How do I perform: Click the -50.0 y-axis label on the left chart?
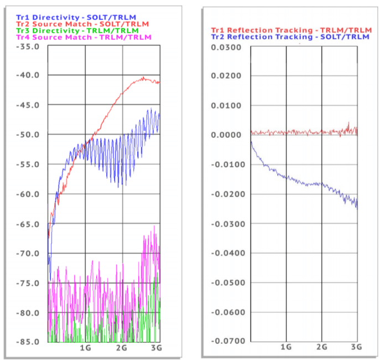(28, 135)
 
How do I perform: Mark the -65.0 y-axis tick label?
(28, 224)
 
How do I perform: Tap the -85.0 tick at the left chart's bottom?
(28, 342)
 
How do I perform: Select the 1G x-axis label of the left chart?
(85, 348)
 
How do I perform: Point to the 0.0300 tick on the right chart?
(229, 47)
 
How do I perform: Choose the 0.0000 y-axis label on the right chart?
(229, 135)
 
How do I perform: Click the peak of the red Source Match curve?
(143, 78)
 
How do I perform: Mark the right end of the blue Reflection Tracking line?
(357, 208)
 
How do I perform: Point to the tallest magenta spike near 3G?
(154, 226)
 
